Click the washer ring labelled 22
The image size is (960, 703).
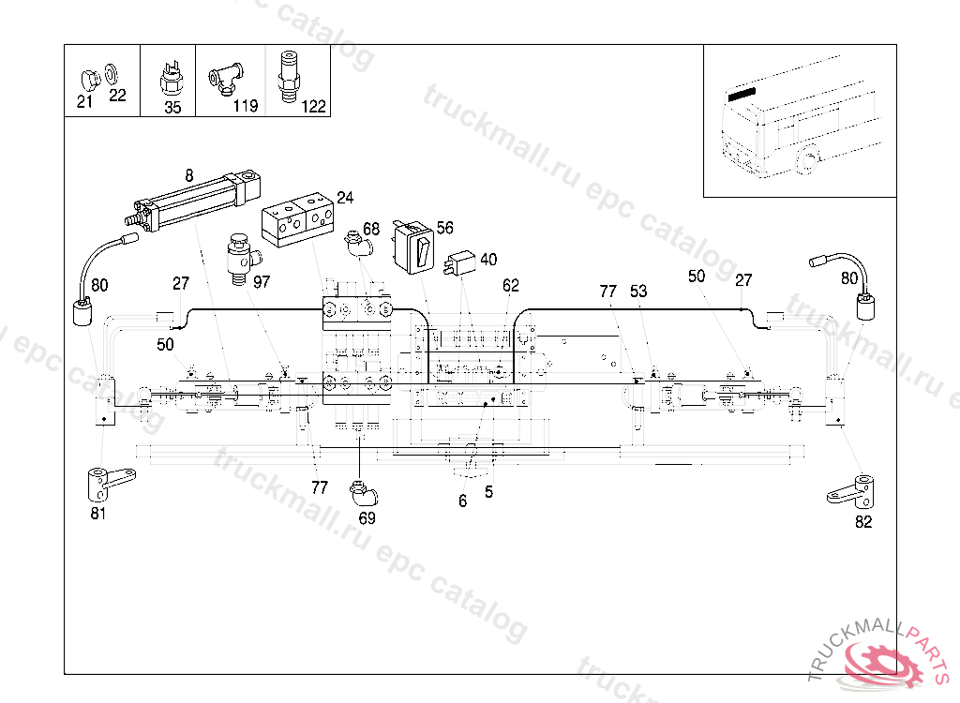(x=112, y=74)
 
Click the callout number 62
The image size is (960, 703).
(x=510, y=286)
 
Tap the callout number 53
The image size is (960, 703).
(x=638, y=292)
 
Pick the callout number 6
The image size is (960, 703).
(x=462, y=501)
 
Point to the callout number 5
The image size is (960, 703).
(x=488, y=491)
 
